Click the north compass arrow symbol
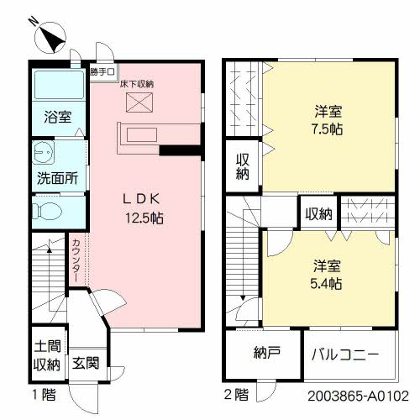coord(52,37)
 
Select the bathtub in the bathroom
coord(57,87)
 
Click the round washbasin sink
coord(42,154)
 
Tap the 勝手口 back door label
coord(102,73)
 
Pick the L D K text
coord(142,199)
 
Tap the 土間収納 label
coord(47,356)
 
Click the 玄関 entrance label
coord(85,364)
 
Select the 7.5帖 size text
coord(327,129)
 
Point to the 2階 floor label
coord(237,393)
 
